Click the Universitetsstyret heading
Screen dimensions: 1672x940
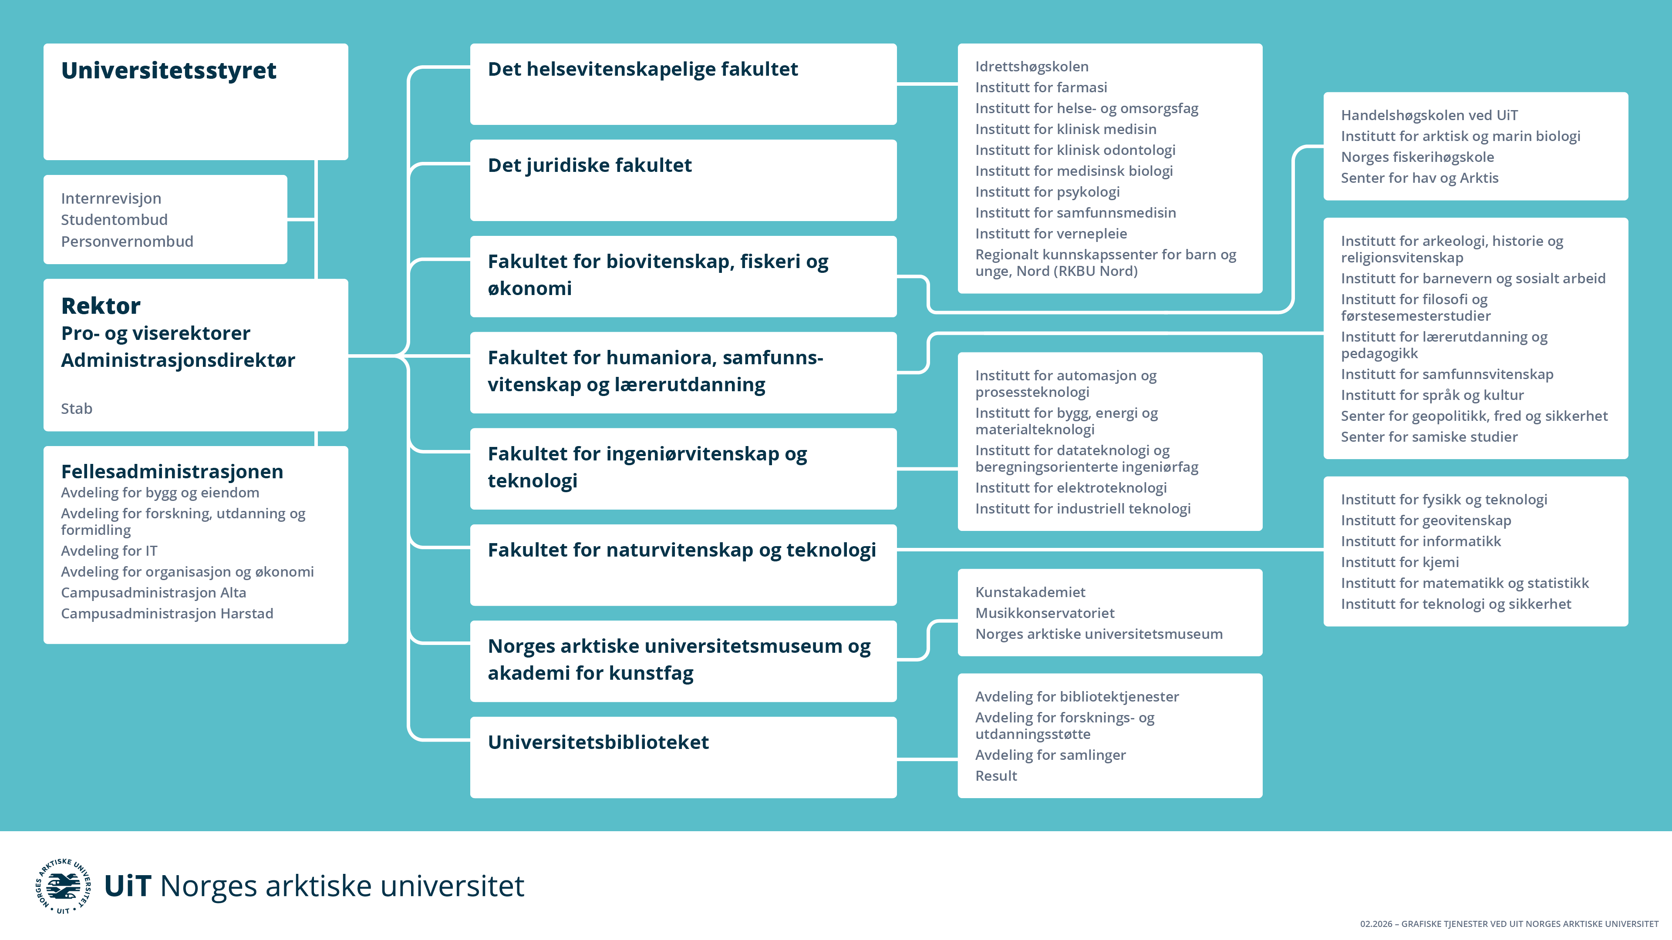(169, 70)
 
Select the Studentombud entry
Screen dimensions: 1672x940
(114, 220)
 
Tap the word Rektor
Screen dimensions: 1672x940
(101, 305)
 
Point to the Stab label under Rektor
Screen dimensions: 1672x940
(77, 409)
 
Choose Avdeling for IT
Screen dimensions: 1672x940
(109, 551)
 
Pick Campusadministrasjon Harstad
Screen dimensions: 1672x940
(167, 614)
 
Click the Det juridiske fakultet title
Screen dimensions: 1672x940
(590, 165)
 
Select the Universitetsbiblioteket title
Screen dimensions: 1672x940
(598, 742)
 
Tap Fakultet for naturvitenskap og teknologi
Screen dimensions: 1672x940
(681, 550)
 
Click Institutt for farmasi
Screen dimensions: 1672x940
(1041, 87)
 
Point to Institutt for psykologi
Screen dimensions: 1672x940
(1048, 192)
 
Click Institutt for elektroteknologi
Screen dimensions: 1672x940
(1071, 488)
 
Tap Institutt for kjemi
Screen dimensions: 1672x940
(1400, 562)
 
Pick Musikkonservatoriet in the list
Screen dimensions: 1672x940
(1045, 613)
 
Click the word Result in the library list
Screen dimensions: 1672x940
(996, 776)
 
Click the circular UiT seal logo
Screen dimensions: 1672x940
(63, 886)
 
